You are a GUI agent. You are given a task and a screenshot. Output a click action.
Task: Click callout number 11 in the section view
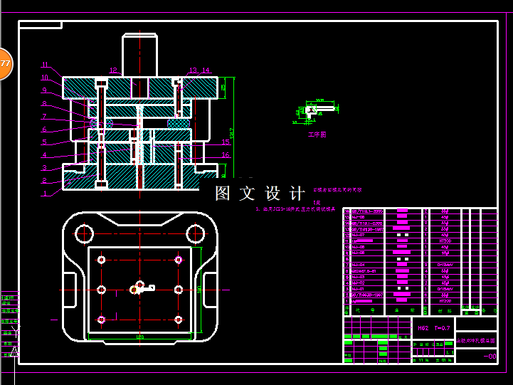pyautogui.click(x=45, y=65)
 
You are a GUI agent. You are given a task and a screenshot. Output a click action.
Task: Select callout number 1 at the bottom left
pyautogui.click(x=45, y=193)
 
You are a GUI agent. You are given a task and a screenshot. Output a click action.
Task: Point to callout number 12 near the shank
pyautogui.click(x=113, y=70)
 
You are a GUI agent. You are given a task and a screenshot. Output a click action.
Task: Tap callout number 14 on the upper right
pyautogui.click(x=206, y=70)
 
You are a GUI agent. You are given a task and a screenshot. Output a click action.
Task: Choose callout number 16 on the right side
pyautogui.click(x=226, y=154)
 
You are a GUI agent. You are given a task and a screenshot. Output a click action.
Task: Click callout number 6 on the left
pyautogui.click(x=45, y=130)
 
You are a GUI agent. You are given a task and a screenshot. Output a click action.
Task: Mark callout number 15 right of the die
pyautogui.click(x=226, y=142)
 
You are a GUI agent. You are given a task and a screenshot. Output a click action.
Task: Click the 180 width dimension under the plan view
pyautogui.click(x=139, y=337)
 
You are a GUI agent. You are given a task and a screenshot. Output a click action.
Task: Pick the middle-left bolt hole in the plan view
pyautogui.click(x=102, y=289)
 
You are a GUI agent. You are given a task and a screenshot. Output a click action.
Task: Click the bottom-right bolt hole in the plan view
pyautogui.click(x=178, y=320)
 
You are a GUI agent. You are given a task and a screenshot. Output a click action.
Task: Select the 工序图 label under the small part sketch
pyautogui.click(x=317, y=134)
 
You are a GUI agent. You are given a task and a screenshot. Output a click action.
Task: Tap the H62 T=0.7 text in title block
pyautogui.click(x=433, y=328)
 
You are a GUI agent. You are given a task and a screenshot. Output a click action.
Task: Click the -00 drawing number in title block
pyautogui.click(x=490, y=357)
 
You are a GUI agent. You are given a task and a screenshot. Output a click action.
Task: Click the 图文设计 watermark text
pyautogui.click(x=260, y=194)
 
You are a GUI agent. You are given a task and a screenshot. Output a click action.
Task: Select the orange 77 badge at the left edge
pyautogui.click(x=4, y=64)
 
